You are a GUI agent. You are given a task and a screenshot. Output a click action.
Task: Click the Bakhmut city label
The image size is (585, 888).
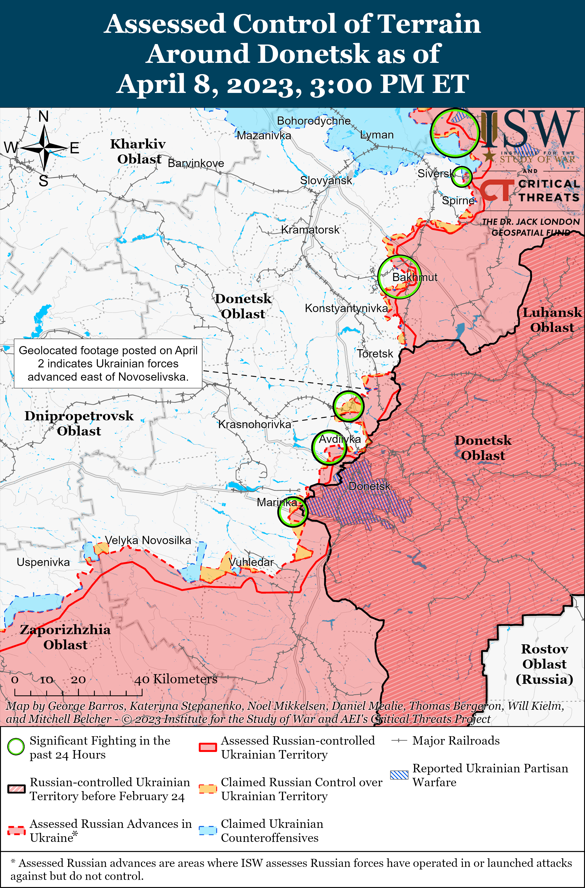pyautogui.click(x=415, y=277)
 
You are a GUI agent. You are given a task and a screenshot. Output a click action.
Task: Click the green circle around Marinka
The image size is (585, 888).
pyautogui.click(x=292, y=511)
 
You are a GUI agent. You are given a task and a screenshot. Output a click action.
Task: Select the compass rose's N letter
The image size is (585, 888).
pyautogui.click(x=44, y=117)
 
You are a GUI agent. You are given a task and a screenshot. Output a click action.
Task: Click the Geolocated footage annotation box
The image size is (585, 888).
pyautogui.click(x=108, y=363)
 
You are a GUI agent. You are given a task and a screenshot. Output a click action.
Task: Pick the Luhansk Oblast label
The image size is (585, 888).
pyautogui.click(x=552, y=320)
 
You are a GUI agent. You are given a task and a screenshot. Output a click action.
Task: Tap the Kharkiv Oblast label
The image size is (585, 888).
pyautogui.click(x=138, y=151)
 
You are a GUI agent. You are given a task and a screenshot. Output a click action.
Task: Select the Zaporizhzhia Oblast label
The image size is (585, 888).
pyautogui.click(x=65, y=637)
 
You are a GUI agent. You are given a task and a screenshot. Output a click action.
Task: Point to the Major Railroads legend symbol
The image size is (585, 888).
pyautogui.click(x=399, y=741)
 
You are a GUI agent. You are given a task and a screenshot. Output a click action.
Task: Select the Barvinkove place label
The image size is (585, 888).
pyautogui.click(x=196, y=163)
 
